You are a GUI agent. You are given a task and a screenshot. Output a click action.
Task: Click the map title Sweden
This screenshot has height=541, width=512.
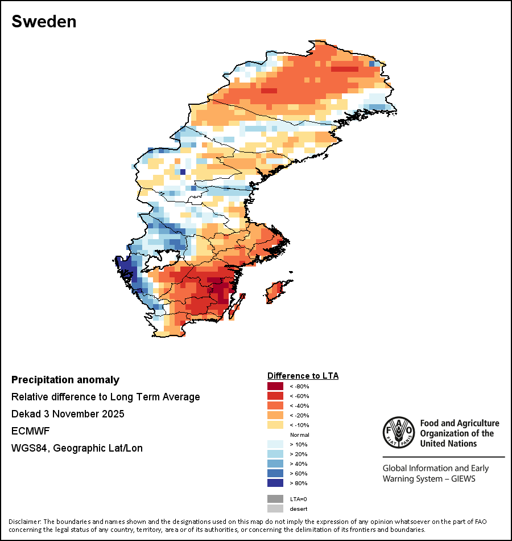44,22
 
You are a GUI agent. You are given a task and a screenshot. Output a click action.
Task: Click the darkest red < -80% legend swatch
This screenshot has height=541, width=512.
275,386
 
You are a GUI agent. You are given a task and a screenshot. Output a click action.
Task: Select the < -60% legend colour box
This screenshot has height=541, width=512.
275,396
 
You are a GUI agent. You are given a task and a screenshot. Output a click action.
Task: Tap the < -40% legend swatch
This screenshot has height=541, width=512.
275,405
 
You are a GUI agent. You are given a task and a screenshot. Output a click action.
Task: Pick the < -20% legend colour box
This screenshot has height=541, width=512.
275,415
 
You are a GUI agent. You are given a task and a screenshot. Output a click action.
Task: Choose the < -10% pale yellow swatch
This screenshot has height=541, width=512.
275,425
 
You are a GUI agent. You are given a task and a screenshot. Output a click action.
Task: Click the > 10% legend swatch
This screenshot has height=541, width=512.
275,444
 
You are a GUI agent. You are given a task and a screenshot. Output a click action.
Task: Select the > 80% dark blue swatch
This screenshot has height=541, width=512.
275,483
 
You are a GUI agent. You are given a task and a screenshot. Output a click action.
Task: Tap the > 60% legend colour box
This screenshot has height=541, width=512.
275,473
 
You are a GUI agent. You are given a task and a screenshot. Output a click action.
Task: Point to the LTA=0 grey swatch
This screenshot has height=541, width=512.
275,499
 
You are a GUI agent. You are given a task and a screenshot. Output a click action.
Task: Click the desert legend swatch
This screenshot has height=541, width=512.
275,509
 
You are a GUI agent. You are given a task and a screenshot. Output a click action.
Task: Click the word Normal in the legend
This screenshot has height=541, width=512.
300,435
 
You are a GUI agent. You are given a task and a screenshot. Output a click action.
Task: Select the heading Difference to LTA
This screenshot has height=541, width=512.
303,376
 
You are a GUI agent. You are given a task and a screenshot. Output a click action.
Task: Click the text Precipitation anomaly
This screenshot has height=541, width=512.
65,380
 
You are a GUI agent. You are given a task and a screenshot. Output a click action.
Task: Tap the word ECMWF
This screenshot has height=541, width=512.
28,431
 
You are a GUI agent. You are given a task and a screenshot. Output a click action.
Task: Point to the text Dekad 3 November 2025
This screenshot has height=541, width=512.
68,414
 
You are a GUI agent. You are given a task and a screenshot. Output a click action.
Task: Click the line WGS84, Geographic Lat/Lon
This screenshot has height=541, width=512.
77,448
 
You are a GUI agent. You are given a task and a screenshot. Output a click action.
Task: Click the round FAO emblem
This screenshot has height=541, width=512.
398,432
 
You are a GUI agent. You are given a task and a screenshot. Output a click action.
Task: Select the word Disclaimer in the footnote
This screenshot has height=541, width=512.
24,522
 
